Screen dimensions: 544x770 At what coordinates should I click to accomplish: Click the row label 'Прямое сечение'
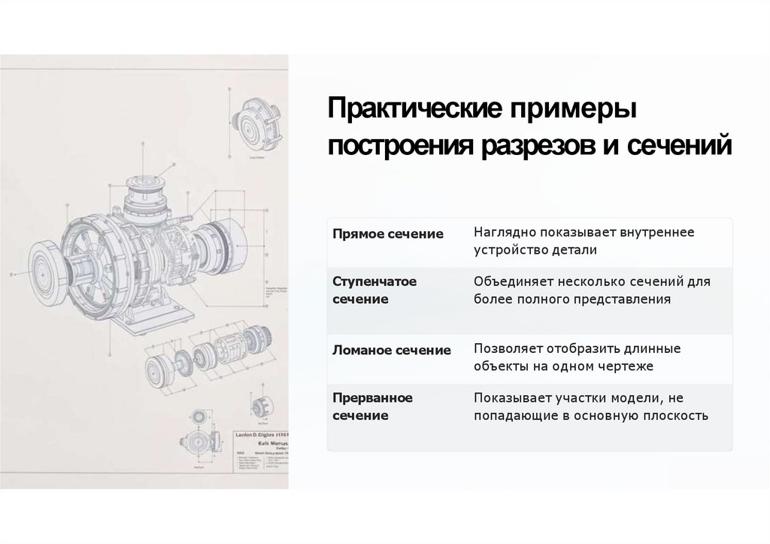coord(388,234)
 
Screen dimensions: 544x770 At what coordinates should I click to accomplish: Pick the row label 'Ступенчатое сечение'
coord(374,290)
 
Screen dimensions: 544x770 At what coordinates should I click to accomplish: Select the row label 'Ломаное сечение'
coord(392,350)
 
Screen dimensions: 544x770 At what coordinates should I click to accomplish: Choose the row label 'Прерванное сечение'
coord(372,406)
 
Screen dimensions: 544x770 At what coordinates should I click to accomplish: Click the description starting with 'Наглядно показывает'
coord(584,241)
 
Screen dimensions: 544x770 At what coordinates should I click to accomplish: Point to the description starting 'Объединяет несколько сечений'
coord(591,290)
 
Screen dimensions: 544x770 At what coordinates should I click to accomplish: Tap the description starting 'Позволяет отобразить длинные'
coord(577,357)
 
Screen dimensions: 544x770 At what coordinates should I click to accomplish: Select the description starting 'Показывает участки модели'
coord(590,406)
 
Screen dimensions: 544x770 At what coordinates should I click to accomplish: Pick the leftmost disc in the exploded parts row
coord(157,371)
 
